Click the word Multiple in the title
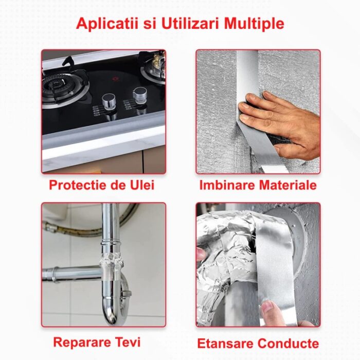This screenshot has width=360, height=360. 254,24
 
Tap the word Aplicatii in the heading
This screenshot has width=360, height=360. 107,24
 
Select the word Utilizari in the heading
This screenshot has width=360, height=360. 191,23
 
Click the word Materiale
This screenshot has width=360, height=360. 288,185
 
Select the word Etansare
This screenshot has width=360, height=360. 225,344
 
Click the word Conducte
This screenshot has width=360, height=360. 288,344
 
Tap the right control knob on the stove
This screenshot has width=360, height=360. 140,95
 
